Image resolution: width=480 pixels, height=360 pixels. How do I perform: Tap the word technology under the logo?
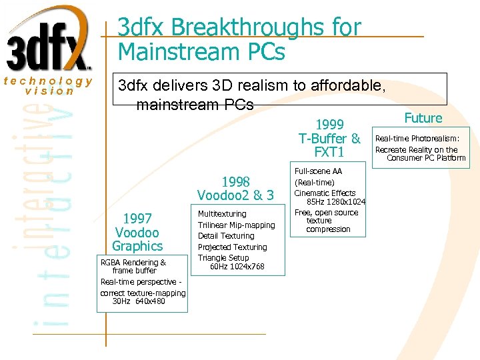click(x=48, y=81)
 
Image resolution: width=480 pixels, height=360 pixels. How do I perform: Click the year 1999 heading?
click(x=329, y=125)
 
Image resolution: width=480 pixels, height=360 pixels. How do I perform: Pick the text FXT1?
click(x=329, y=153)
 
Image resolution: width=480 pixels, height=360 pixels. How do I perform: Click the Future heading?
click(x=423, y=118)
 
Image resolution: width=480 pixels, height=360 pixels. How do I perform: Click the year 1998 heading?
click(x=235, y=181)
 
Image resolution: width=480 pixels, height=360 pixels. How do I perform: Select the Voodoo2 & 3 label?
click(x=235, y=195)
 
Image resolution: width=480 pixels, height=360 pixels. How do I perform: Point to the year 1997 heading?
click(x=138, y=219)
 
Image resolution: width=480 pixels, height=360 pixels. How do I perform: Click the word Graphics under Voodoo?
click(x=138, y=246)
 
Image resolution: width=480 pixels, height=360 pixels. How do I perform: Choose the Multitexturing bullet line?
click(x=222, y=214)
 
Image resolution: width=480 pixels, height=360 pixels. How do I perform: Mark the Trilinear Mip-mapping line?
click(x=236, y=225)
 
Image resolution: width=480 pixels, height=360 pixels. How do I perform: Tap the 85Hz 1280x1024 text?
click(x=336, y=202)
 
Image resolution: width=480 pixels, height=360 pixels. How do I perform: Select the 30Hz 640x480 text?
click(x=139, y=301)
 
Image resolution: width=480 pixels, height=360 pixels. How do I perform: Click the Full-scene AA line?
click(x=318, y=171)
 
